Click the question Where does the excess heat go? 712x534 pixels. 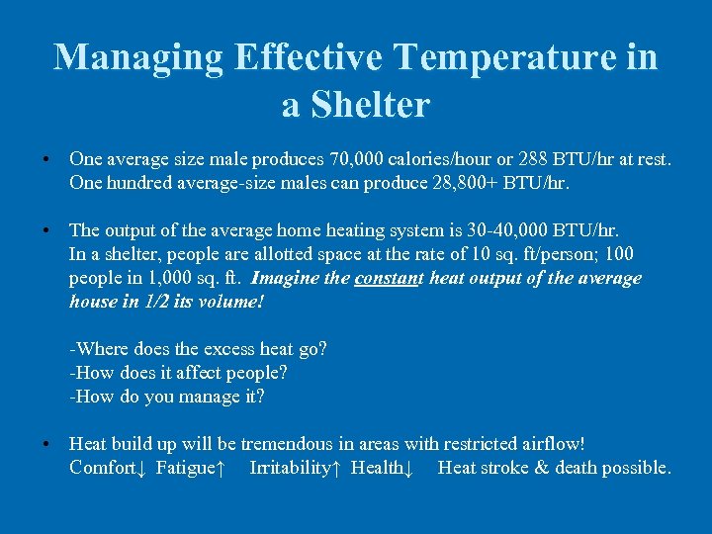click(198, 349)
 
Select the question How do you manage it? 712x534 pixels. click(167, 397)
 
